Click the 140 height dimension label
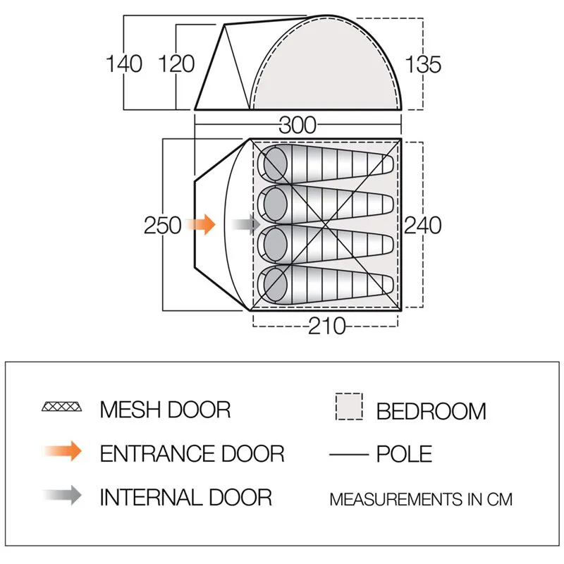pos(124,64)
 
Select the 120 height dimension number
pos(177,64)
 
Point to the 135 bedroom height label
pos(423,65)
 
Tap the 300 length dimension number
pos(298,125)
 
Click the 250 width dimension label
pos(163,226)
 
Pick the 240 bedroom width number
pos(422,226)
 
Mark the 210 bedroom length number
pos(326,326)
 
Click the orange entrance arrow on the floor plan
pos(201,224)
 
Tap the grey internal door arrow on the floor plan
pos(245,224)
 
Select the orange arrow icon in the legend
pos(62,451)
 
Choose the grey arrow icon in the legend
pos(62,496)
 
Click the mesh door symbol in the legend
pos(62,407)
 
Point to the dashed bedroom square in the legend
pos(349,407)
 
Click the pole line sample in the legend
pos(349,455)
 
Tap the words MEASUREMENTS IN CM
pos(421,499)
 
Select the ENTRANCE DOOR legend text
pos(192,453)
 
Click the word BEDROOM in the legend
pos(431,411)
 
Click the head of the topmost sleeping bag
pos(275,164)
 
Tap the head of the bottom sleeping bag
pos(275,284)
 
